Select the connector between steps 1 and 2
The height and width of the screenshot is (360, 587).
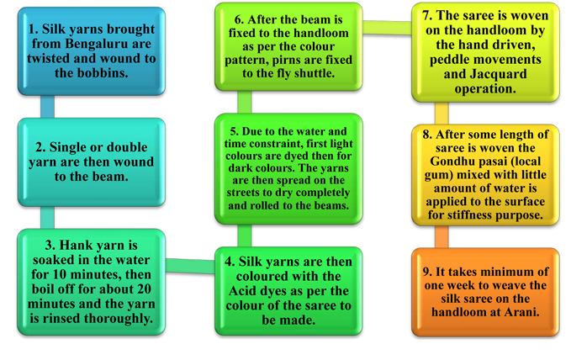pyautogui.click(x=48, y=106)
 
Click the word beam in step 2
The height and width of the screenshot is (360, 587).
pyautogui.click(x=110, y=177)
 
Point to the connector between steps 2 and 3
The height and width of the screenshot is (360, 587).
pyautogui.click(x=48, y=217)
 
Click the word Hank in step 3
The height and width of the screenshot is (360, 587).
pyautogui.click(x=73, y=245)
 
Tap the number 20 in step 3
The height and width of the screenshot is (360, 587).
pyautogui.click(x=143, y=289)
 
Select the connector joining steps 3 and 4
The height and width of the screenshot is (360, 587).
pyautogui.click(x=190, y=266)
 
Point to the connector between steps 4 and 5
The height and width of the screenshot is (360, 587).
pyautogui.click(x=245, y=236)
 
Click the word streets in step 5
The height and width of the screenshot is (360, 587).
pyautogui.click(x=243, y=193)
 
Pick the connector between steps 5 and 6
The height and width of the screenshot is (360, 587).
pyautogui.click(x=245, y=102)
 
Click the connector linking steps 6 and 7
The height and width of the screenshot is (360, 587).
pyautogui.click(x=387, y=28)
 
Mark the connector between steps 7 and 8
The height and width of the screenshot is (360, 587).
pyautogui.click(x=442, y=114)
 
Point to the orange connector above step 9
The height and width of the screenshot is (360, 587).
pyautogui.click(x=442, y=236)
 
